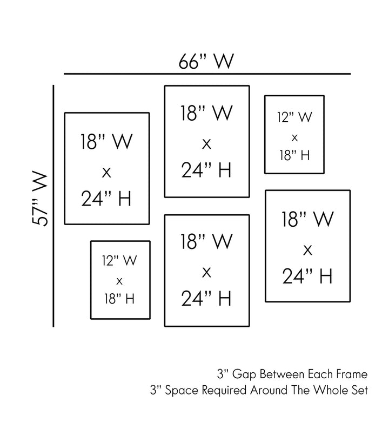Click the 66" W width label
click(x=207, y=61)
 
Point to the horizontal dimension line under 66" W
click(x=207, y=74)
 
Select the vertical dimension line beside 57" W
click(x=53, y=206)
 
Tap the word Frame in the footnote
click(x=353, y=374)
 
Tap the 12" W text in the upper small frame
click(x=294, y=116)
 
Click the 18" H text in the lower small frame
click(x=119, y=298)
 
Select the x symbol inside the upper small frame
click(x=294, y=136)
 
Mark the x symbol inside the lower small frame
click(x=119, y=280)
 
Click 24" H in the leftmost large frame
click(x=106, y=199)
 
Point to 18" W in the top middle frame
click(x=206, y=114)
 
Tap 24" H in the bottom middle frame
click(x=206, y=298)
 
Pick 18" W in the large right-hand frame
click(x=307, y=219)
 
